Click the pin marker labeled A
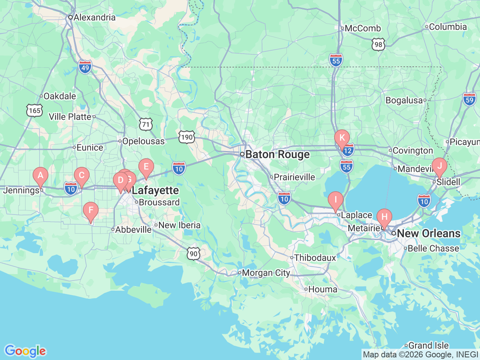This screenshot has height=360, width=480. click(x=40, y=175)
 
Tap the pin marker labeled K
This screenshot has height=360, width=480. click(x=342, y=138)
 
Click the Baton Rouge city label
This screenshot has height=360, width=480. click(x=277, y=154)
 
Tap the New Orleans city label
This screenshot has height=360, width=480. click(x=428, y=233)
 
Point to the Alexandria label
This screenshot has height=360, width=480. click(x=94, y=17)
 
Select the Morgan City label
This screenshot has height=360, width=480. click(x=266, y=273)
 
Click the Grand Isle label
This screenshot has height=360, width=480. click(x=428, y=345)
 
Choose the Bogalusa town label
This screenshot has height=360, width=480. click(x=404, y=100)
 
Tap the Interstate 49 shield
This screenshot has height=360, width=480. click(x=85, y=67)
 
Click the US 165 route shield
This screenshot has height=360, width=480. click(x=34, y=111)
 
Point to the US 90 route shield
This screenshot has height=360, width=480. click(x=193, y=254)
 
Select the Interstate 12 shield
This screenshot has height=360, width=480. click(x=348, y=151)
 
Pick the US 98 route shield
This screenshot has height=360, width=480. click(x=378, y=45)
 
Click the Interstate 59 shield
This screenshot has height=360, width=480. click(x=469, y=100)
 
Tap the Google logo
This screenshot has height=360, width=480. click(x=25, y=351)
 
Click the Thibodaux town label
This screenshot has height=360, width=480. click(x=315, y=258)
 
